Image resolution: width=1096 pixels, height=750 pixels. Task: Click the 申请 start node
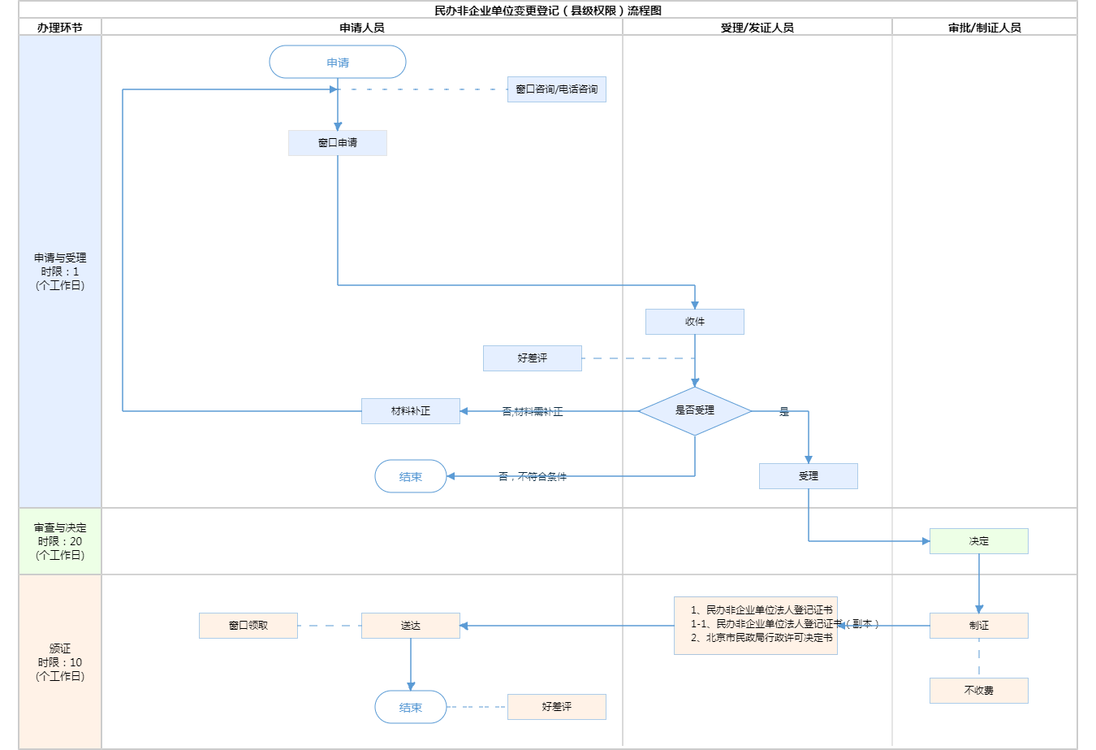pos(338,63)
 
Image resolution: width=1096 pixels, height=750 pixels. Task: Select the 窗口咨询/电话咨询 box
pos(557,89)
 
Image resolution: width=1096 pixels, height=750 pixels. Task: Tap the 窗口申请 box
pos(338,143)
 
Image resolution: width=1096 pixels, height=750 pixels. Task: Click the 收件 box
pos(695,322)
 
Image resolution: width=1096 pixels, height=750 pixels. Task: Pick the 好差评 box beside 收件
pos(533,358)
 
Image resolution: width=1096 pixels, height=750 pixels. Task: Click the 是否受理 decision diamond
pos(695,411)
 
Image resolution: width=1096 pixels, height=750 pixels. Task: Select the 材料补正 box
pos(411,411)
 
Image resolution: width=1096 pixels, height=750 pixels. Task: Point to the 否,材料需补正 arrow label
pos(533,412)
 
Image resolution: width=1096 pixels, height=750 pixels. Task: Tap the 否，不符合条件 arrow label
pos(533,476)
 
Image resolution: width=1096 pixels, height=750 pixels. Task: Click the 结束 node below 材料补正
pos(411,477)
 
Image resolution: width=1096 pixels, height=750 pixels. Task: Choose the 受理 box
pos(809,476)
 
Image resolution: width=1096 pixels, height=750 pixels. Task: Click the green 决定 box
pos(979,541)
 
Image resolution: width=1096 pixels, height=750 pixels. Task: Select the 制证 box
pos(979,626)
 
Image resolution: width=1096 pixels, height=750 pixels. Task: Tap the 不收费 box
pos(979,691)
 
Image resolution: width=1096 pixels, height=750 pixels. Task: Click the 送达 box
pos(411,626)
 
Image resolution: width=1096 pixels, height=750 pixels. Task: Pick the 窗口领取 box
pos(248,626)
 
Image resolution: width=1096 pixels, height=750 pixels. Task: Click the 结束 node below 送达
pos(411,708)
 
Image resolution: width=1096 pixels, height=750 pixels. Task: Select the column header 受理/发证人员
pos(757,28)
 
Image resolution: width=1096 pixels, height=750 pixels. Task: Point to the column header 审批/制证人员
pos(985,28)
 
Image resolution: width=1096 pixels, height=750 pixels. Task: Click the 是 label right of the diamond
pos(784,412)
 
